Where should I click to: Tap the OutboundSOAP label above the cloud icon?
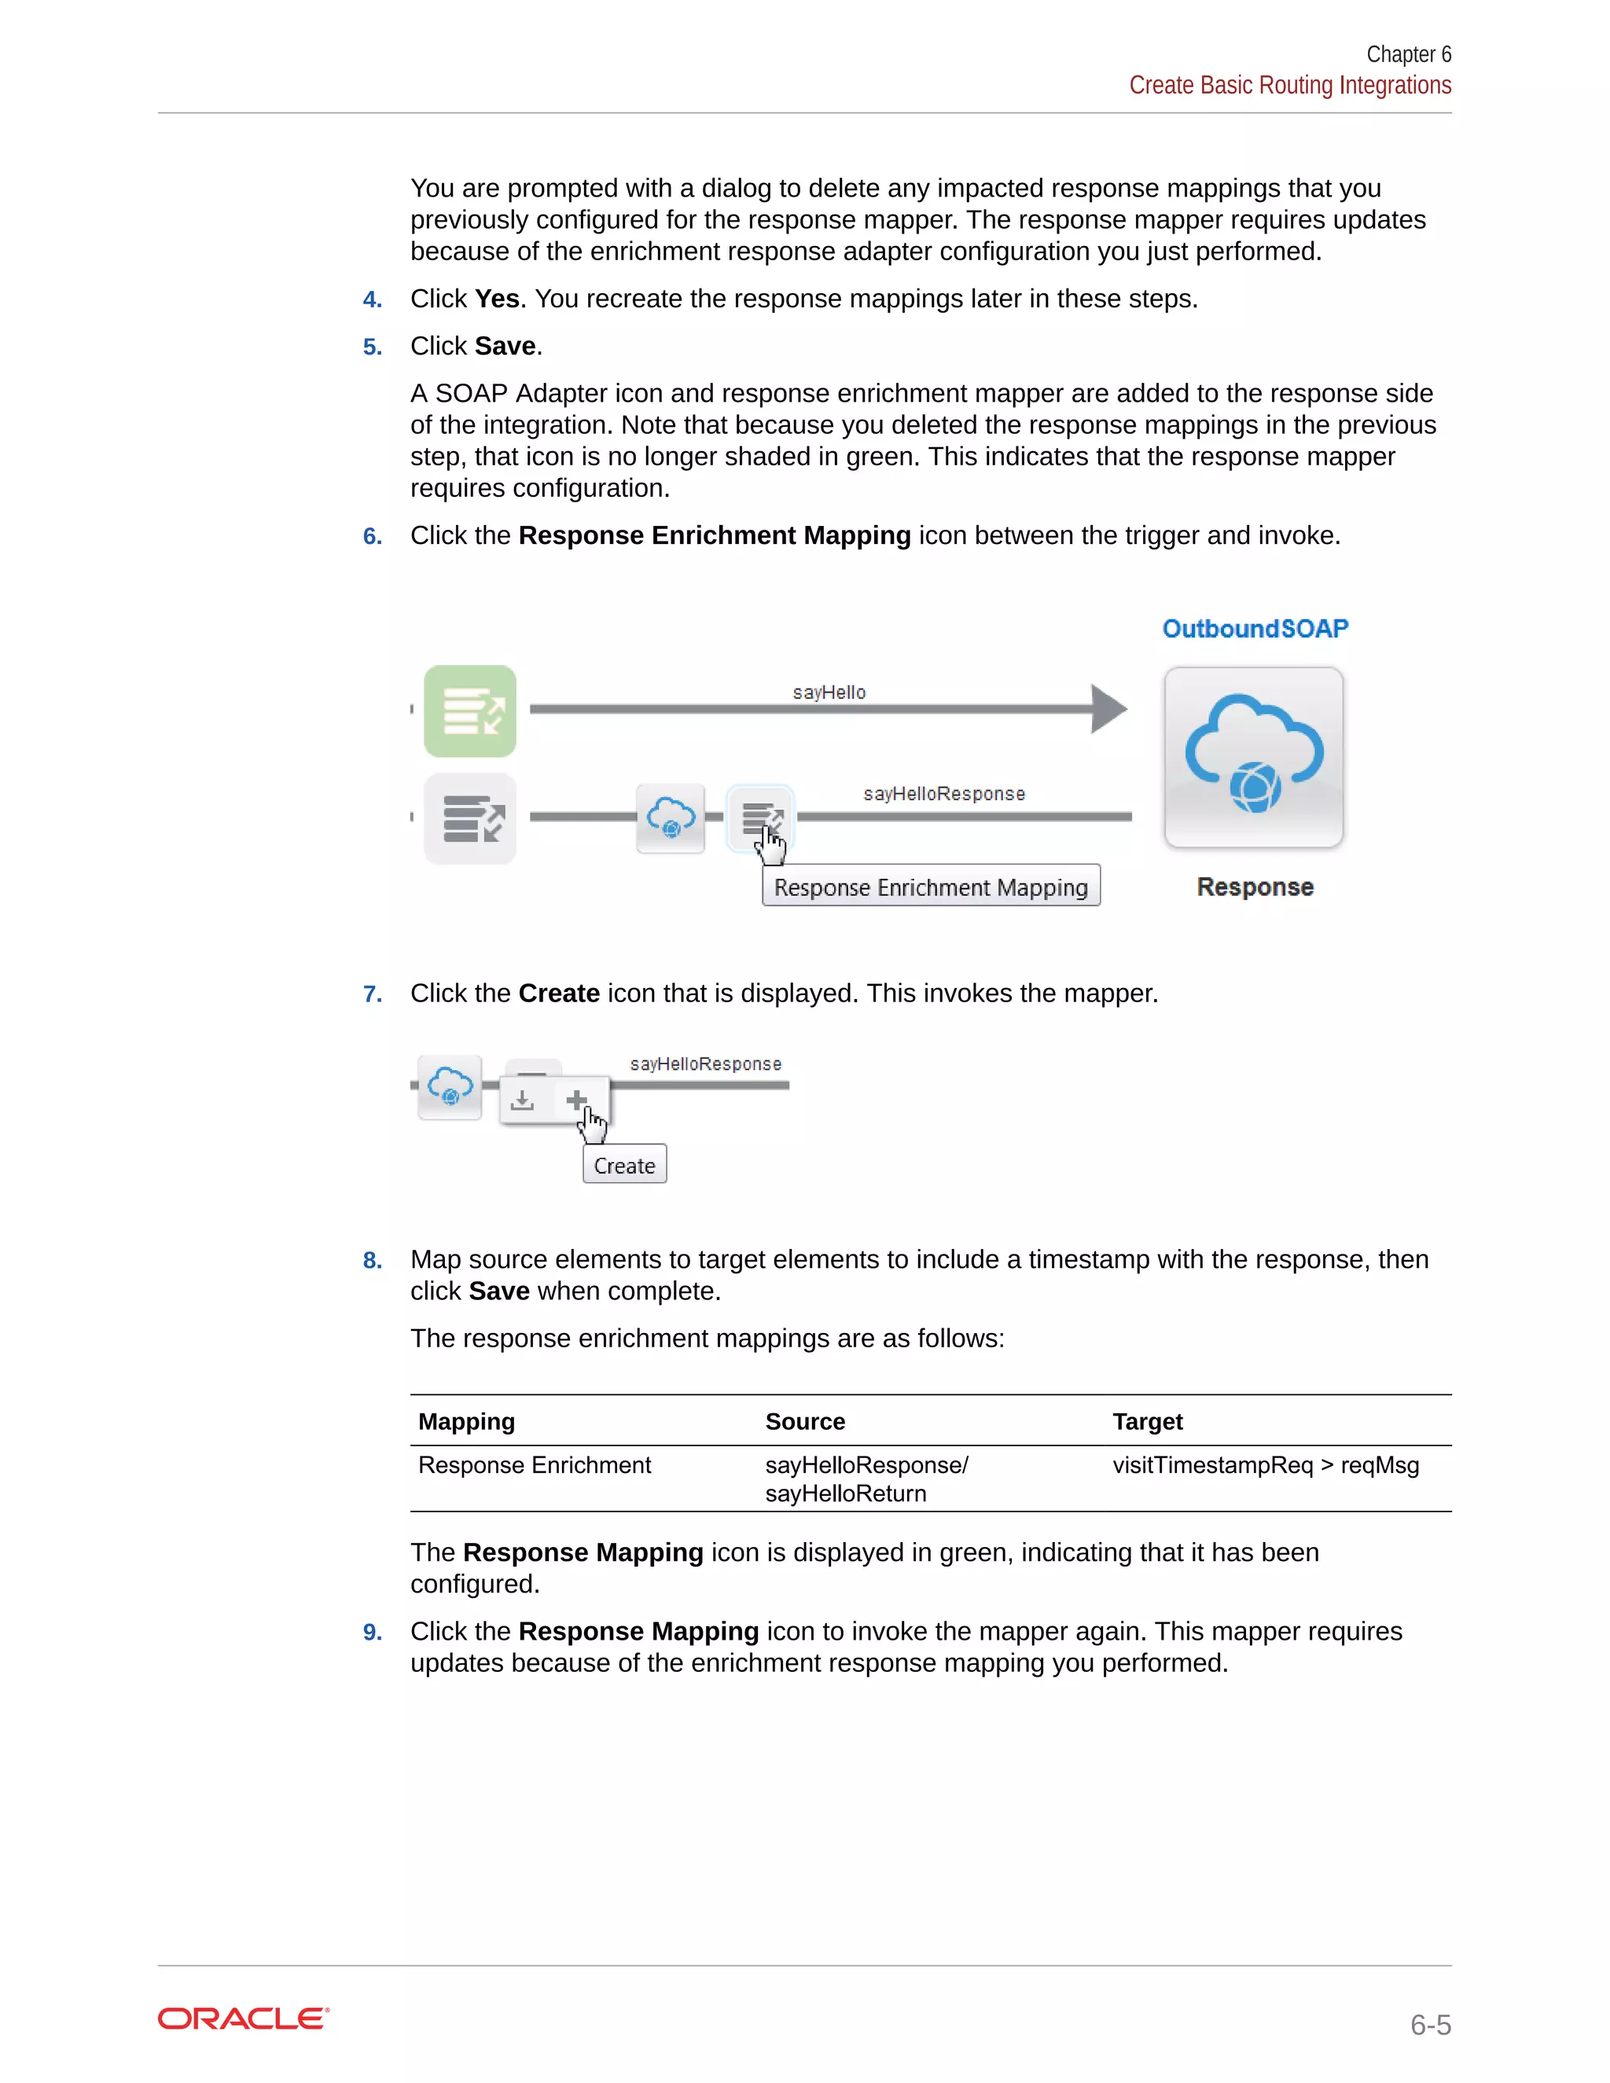1254,629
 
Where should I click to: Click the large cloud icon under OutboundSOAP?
1253,756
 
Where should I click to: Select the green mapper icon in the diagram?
470,711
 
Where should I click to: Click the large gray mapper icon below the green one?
470,818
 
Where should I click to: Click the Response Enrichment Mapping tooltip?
931,887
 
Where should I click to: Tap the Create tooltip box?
625,1165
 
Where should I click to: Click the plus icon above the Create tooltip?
576,1100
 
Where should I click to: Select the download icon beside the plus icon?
522,1100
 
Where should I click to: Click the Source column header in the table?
805,1421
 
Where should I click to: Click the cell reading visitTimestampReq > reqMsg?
1265,1465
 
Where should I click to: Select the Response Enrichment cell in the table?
534,1465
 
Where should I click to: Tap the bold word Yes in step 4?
497,299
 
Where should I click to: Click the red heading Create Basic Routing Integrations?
1289,86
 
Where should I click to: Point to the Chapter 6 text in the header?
1408,54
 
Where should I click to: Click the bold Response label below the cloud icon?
1254,887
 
